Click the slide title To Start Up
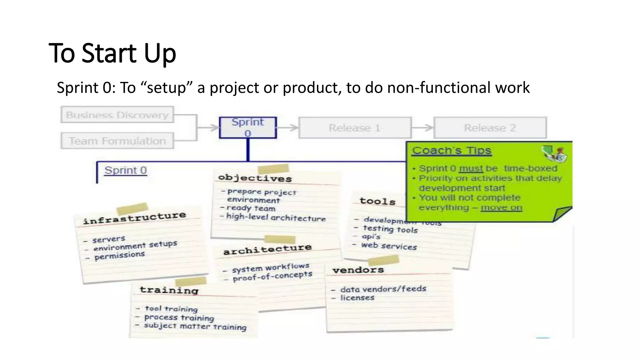click(x=112, y=53)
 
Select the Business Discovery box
click(x=117, y=115)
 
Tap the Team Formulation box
click(x=117, y=141)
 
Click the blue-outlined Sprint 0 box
click(x=248, y=127)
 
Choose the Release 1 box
click(x=355, y=128)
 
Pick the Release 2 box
click(x=490, y=128)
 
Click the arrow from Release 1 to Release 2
click(x=422, y=127)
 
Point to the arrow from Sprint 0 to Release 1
click(x=287, y=127)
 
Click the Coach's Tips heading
click(x=452, y=151)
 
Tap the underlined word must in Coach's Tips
click(x=471, y=168)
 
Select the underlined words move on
click(x=501, y=207)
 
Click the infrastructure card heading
click(x=134, y=218)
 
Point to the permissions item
click(x=120, y=256)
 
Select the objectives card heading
click(x=255, y=178)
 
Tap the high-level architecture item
click(x=276, y=217)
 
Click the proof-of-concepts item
click(x=272, y=276)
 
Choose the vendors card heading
click(x=358, y=270)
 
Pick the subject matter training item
click(x=195, y=326)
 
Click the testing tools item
click(x=390, y=229)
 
